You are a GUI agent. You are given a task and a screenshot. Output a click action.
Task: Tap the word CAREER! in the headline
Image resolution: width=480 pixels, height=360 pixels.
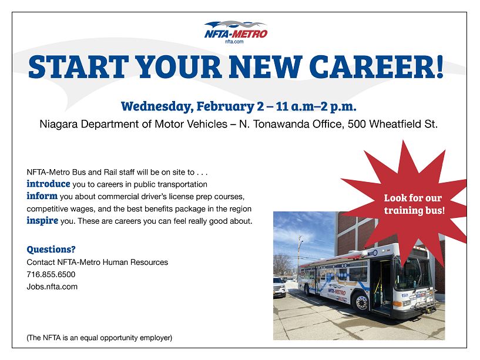[376, 67]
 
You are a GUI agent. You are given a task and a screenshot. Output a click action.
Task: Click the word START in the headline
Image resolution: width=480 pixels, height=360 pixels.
[78, 67]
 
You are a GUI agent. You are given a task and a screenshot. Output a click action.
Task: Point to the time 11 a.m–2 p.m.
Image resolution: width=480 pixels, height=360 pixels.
[316, 106]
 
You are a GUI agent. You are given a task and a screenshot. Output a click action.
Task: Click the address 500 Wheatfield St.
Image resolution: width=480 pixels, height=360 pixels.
[392, 124]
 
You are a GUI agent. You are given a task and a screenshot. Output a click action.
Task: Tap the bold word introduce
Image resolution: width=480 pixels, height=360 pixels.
[48, 184]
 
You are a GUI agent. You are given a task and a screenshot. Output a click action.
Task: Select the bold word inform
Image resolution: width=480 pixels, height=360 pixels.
[42, 196]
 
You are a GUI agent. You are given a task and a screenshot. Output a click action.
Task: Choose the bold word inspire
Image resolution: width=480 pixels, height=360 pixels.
[42, 220]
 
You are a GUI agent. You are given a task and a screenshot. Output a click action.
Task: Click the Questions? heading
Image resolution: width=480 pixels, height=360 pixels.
[51, 250]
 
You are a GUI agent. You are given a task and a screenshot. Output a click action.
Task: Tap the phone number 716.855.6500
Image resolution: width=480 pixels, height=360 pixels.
[51, 274]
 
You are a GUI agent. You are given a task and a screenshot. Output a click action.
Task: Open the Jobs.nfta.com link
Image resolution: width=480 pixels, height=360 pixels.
[52, 287]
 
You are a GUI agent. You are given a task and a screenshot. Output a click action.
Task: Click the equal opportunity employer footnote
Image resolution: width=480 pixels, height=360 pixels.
[99, 338]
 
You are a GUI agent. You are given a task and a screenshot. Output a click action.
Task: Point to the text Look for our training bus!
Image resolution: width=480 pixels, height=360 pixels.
[414, 204]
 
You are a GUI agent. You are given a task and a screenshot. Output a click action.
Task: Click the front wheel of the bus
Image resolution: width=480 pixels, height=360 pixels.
[361, 302]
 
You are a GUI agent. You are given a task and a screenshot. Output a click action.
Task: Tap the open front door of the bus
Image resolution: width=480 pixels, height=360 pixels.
[381, 286]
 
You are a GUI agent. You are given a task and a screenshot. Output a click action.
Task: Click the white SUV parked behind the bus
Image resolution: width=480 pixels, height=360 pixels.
[279, 287]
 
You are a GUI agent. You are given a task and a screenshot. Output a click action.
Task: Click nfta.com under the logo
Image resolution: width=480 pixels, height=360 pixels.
[234, 42]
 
